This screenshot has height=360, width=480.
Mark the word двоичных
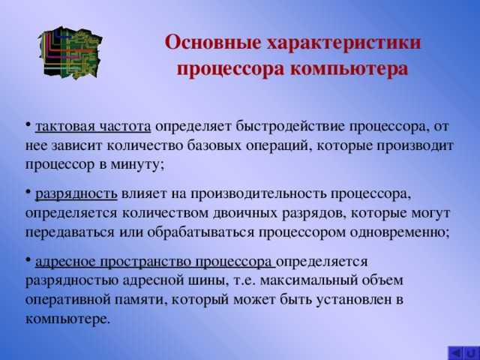pyautogui.click(x=247, y=214)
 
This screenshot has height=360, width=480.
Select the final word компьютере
pyautogui.click(x=67, y=318)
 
